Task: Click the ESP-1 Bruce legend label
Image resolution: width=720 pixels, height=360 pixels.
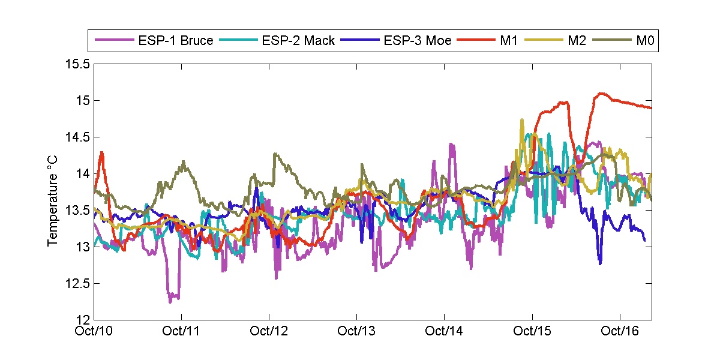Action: tap(175, 41)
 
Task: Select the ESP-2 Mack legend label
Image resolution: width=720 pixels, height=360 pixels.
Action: tap(298, 41)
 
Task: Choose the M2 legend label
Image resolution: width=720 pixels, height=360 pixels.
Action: tap(575, 41)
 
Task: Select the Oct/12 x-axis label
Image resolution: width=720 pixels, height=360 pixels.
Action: tap(269, 331)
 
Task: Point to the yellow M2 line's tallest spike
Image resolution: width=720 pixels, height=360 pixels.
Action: tap(521, 121)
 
